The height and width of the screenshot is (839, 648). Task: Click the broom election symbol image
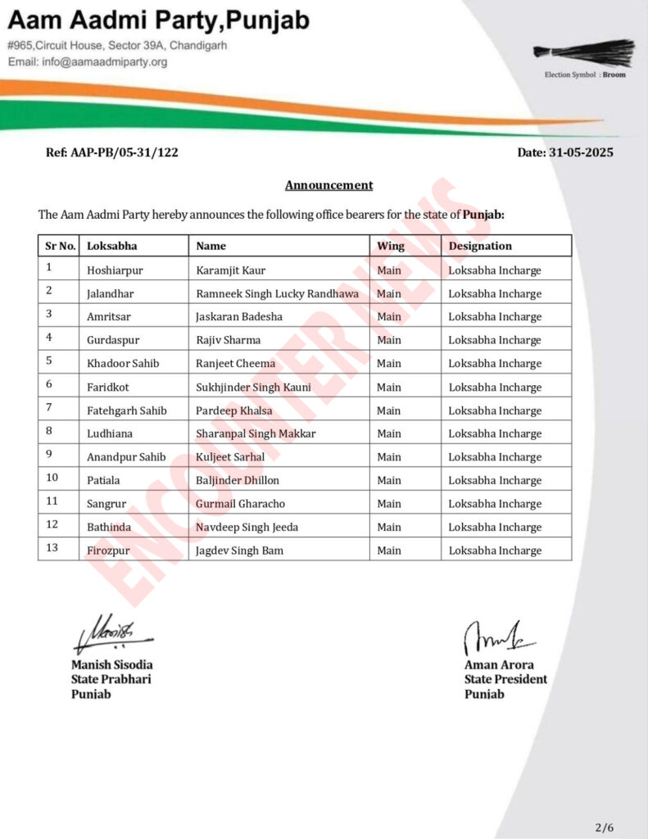[584, 52]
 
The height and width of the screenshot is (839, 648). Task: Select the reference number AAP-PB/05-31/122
[113, 152]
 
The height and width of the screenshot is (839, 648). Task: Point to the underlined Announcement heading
[329, 185]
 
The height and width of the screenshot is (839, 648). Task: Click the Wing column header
[390, 246]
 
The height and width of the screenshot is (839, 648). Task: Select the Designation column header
[479, 246]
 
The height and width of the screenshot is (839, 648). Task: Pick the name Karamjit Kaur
[231, 270]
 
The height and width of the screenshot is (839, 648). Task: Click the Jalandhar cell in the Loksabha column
[111, 293]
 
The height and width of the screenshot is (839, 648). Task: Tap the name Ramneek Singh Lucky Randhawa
[277, 293]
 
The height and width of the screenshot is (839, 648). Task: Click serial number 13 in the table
[51, 548]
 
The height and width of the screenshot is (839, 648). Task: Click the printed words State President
[505, 679]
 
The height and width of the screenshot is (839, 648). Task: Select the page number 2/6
[604, 828]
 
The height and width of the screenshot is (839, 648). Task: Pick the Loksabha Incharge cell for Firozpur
[495, 551]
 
